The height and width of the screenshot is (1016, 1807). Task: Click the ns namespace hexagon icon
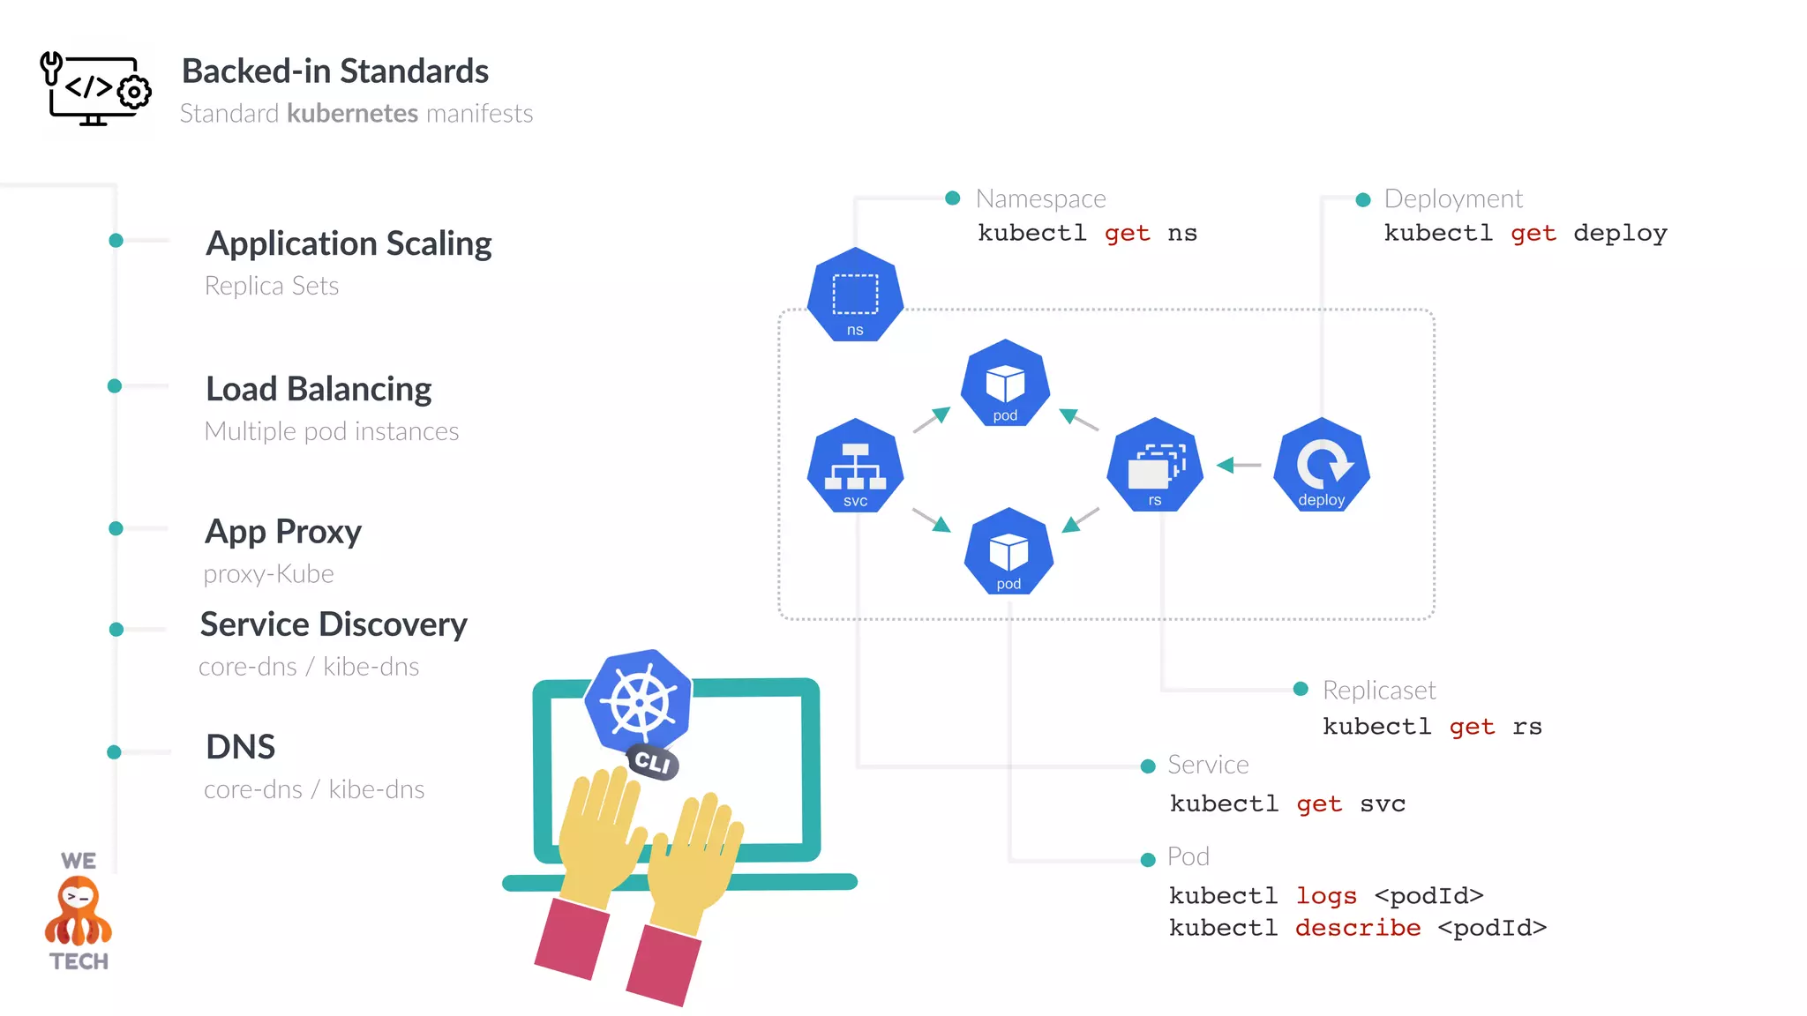coord(855,295)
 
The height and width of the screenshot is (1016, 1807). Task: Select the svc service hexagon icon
coord(855,466)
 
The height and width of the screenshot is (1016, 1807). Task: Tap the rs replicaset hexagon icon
coord(1155,466)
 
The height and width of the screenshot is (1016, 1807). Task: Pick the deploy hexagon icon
coord(1321,466)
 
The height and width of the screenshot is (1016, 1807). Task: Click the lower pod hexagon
coord(1008,552)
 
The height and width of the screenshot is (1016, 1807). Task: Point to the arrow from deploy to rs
coord(1239,465)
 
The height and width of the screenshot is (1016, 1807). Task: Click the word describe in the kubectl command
coord(1357,928)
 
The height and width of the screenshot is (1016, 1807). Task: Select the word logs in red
coord(1325,896)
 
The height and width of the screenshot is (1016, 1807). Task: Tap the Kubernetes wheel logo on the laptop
coord(639,701)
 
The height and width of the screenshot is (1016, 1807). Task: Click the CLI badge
coord(653,762)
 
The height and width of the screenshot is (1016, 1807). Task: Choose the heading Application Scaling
coord(349,243)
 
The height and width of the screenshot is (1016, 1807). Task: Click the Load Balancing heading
coord(319,389)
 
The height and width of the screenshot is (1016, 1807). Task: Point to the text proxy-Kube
coord(269,574)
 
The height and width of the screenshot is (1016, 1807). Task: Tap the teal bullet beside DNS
coord(114,752)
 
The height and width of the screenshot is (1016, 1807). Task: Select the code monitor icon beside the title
coord(95,89)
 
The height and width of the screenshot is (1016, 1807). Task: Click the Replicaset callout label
coord(1378,690)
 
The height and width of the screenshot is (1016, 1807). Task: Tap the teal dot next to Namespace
coord(952,198)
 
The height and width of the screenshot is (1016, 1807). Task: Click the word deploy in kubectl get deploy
coord(1619,234)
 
